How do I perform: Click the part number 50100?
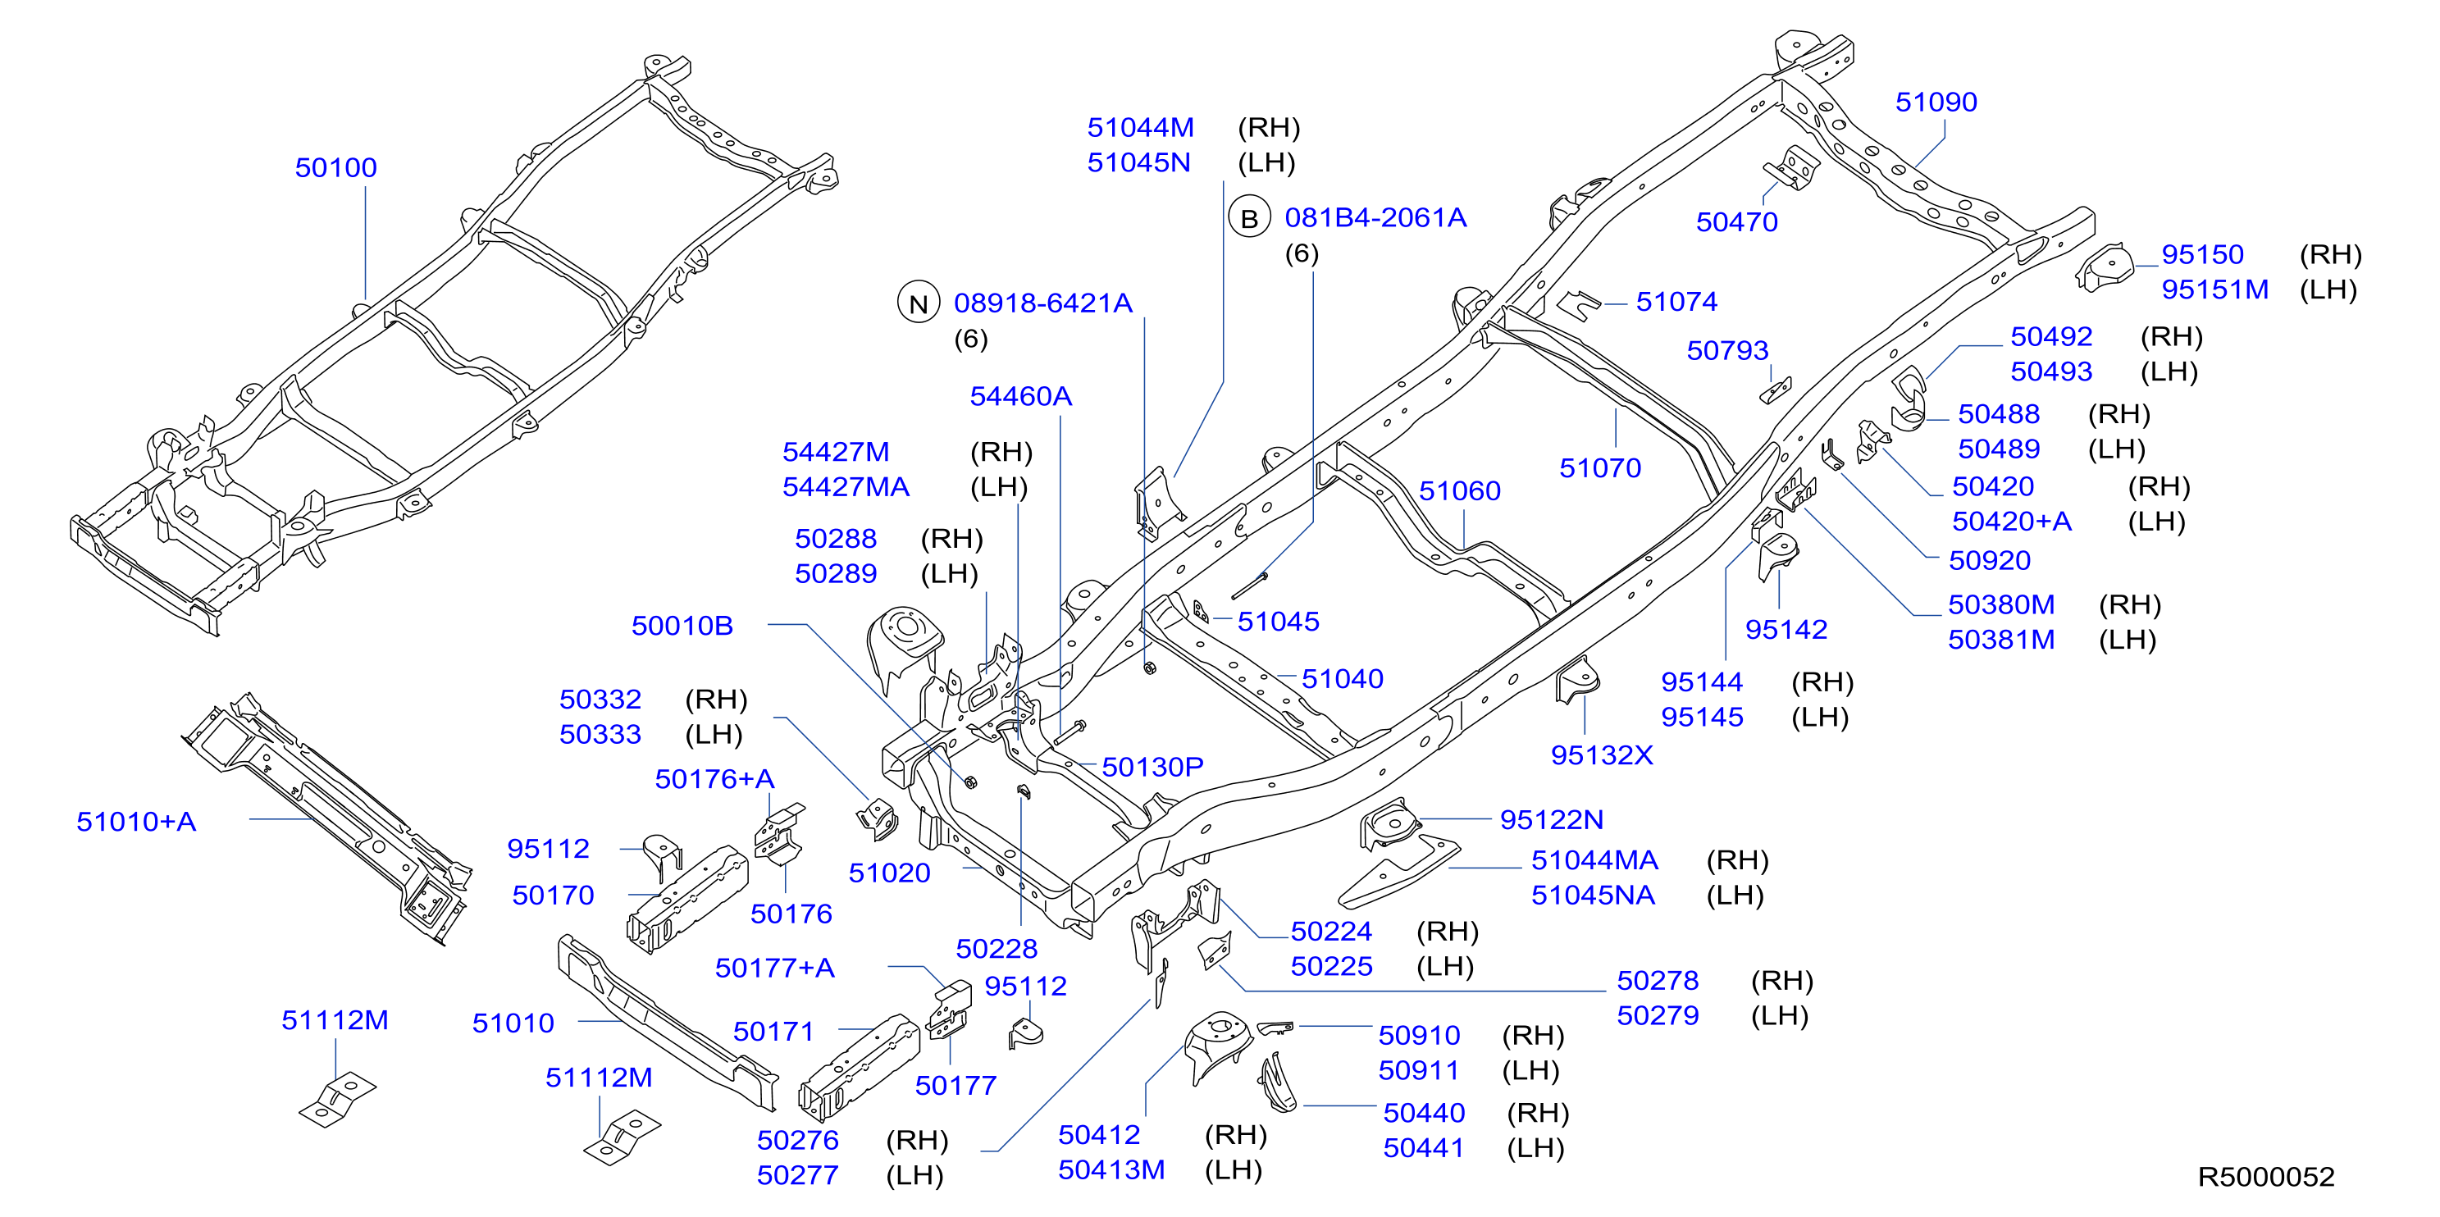click(335, 167)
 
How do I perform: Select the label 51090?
click(1936, 103)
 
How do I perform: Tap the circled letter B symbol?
click(1249, 219)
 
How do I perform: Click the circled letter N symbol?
click(918, 304)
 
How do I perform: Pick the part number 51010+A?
click(136, 821)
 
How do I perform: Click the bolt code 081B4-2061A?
click(1375, 218)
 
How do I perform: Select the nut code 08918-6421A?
click(1043, 303)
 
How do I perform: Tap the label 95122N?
click(1552, 819)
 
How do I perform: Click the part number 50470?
click(1737, 221)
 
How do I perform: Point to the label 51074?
click(1676, 301)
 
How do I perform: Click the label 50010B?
click(682, 625)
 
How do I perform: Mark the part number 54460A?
click(1021, 396)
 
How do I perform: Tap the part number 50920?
click(1989, 560)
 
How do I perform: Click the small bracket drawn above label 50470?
click(1791, 169)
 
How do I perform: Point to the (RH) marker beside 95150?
click(2331, 254)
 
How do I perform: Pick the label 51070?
click(1600, 468)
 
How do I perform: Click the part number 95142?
click(1786, 629)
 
